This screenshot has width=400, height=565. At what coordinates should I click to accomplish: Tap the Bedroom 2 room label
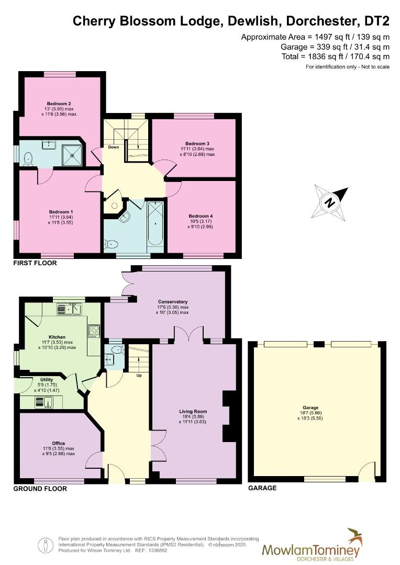click(59, 104)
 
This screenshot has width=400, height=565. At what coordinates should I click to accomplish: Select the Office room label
click(59, 443)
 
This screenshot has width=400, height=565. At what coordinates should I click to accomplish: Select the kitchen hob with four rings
click(95, 331)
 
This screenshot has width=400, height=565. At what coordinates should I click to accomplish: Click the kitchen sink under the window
click(69, 310)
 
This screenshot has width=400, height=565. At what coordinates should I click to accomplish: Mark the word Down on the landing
click(114, 147)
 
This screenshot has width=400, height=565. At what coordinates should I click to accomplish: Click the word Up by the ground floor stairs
click(139, 375)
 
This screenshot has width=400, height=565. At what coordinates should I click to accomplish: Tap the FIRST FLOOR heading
click(35, 263)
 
